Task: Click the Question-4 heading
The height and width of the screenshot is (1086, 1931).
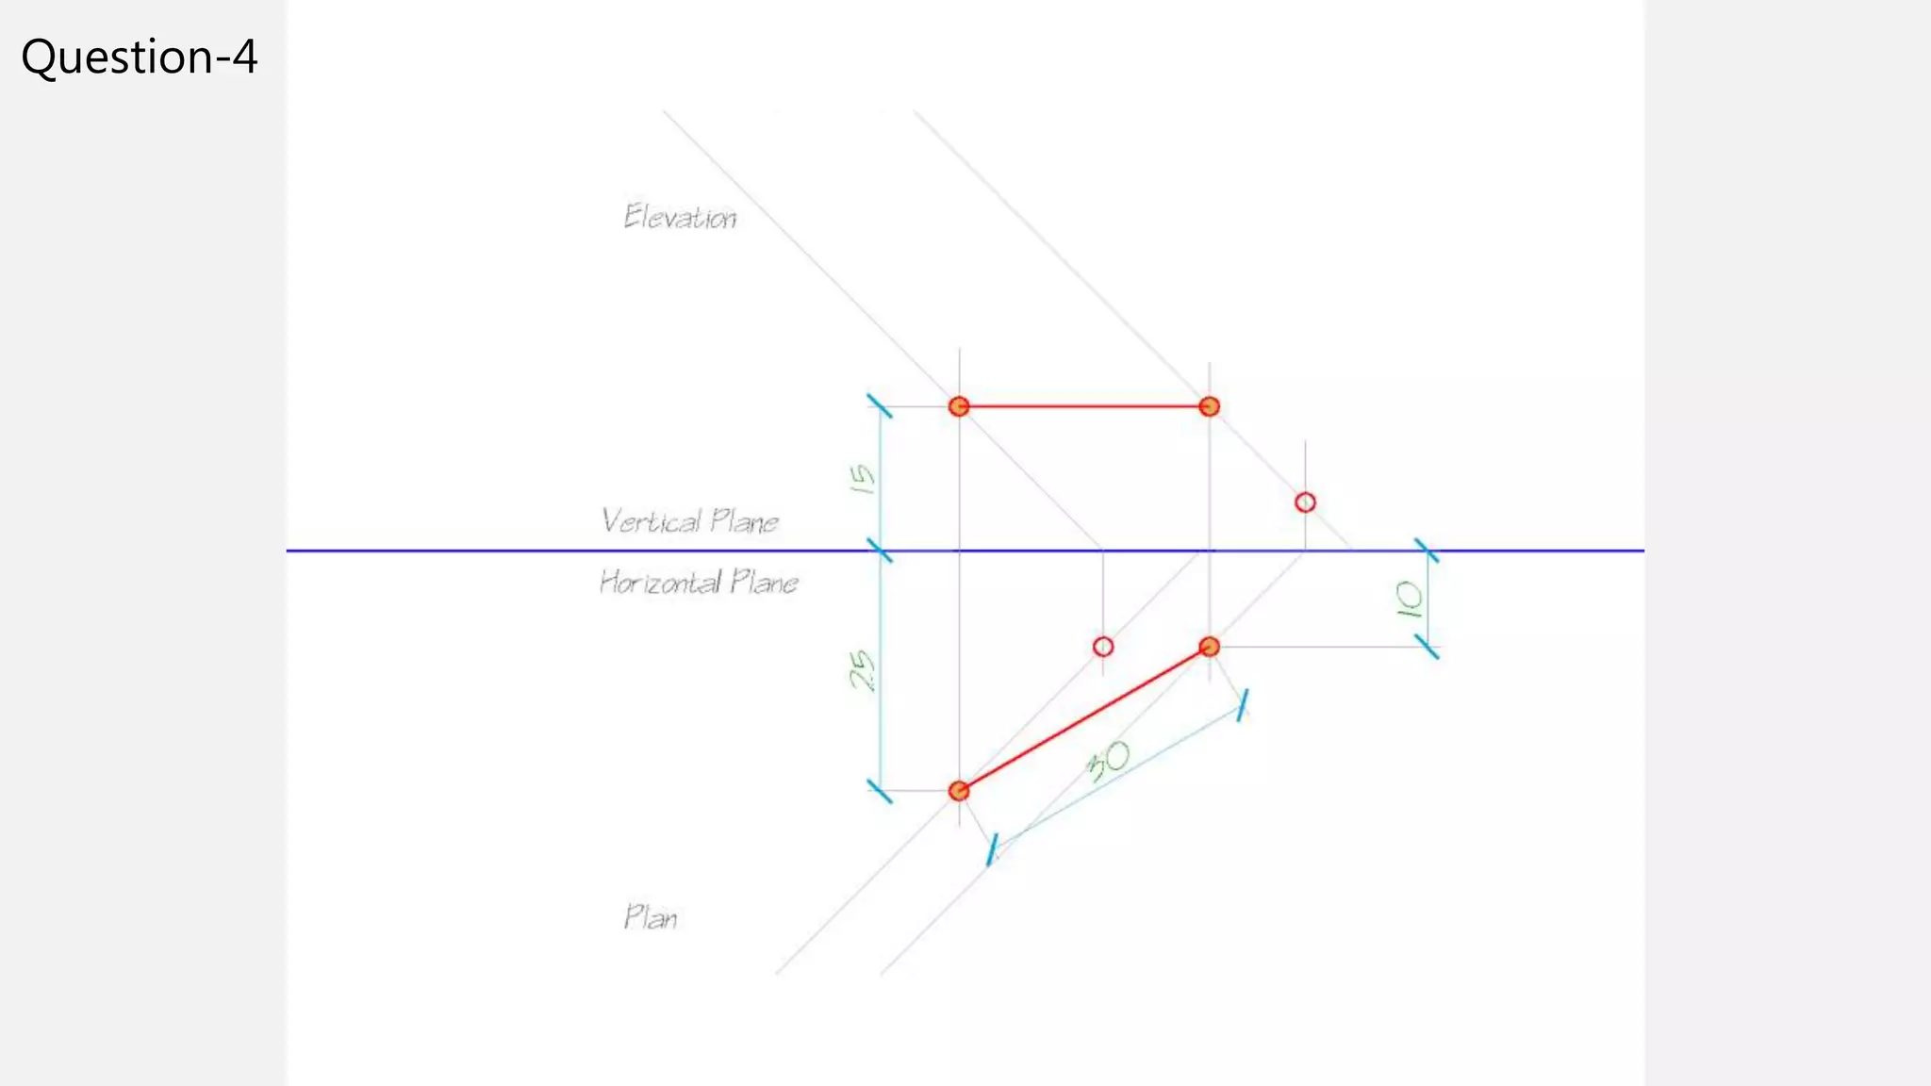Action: pyautogui.click(x=139, y=57)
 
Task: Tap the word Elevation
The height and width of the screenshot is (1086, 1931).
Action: pyautogui.click(x=680, y=218)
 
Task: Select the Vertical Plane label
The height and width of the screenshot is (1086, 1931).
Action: pyautogui.click(x=690, y=521)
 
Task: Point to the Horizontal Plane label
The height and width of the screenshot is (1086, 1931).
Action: pyautogui.click(x=699, y=583)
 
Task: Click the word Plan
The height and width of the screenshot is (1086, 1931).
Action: pyautogui.click(x=651, y=917)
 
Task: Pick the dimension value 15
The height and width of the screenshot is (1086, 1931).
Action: pyautogui.click(x=862, y=479)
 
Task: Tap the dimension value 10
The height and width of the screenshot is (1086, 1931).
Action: pyautogui.click(x=1409, y=600)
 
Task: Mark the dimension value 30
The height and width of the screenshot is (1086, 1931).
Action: pyautogui.click(x=1109, y=760)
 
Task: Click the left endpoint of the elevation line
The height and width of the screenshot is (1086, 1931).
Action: pyautogui.click(x=959, y=406)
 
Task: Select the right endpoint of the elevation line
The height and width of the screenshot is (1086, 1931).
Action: pyautogui.click(x=1210, y=406)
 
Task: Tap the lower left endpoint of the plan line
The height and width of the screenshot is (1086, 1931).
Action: pyautogui.click(x=959, y=791)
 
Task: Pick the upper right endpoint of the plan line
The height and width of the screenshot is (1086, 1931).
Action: pyautogui.click(x=1210, y=647)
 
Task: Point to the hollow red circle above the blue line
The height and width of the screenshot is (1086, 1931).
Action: pyautogui.click(x=1305, y=502)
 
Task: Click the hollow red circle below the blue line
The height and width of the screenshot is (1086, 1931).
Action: pyautogui.click(x=1103, y=647)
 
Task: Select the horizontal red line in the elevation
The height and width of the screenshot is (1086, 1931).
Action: pyautogui.click(x=1084, y=406)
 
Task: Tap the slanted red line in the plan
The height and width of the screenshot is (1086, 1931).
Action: pyautogui.click(x=1084, y=718)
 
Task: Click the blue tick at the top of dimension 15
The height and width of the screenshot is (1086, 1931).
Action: pyautogui.click(x=880, y=406)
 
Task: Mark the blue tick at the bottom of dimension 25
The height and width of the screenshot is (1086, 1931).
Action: pyautogui.click(x=880, y=791)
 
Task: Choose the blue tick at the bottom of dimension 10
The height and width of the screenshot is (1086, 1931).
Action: pyautogui.click(x=1428, y=647)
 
